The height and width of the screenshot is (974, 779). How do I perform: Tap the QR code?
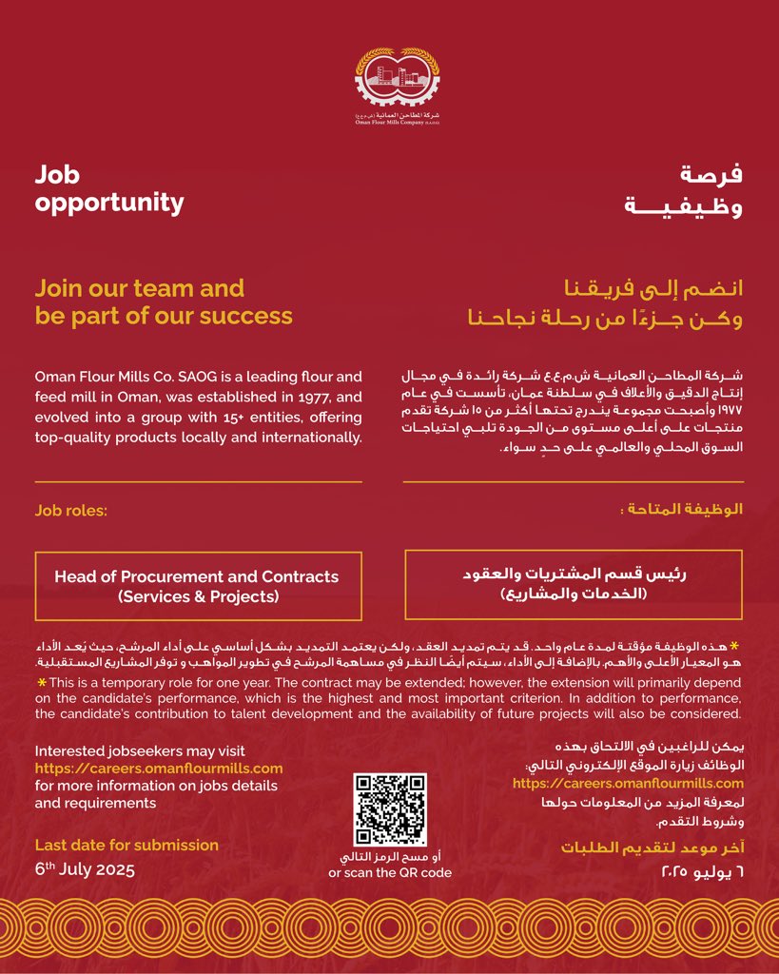(389, 810)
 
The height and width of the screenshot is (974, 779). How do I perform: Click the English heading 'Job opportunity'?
(109, 188)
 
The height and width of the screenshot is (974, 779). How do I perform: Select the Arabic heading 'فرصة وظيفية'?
(683, 188)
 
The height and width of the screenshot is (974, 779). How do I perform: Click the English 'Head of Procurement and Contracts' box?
(197, 586)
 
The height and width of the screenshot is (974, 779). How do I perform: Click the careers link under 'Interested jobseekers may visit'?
(159, 769)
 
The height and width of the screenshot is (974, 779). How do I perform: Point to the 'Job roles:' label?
(71, 511)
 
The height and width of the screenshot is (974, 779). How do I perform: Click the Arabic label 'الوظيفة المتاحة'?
(682, 511)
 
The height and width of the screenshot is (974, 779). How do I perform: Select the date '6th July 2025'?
(85, 869)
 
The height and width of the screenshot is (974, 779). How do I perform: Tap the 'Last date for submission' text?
(127, 845)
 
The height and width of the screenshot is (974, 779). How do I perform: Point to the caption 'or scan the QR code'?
(390, 873)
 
